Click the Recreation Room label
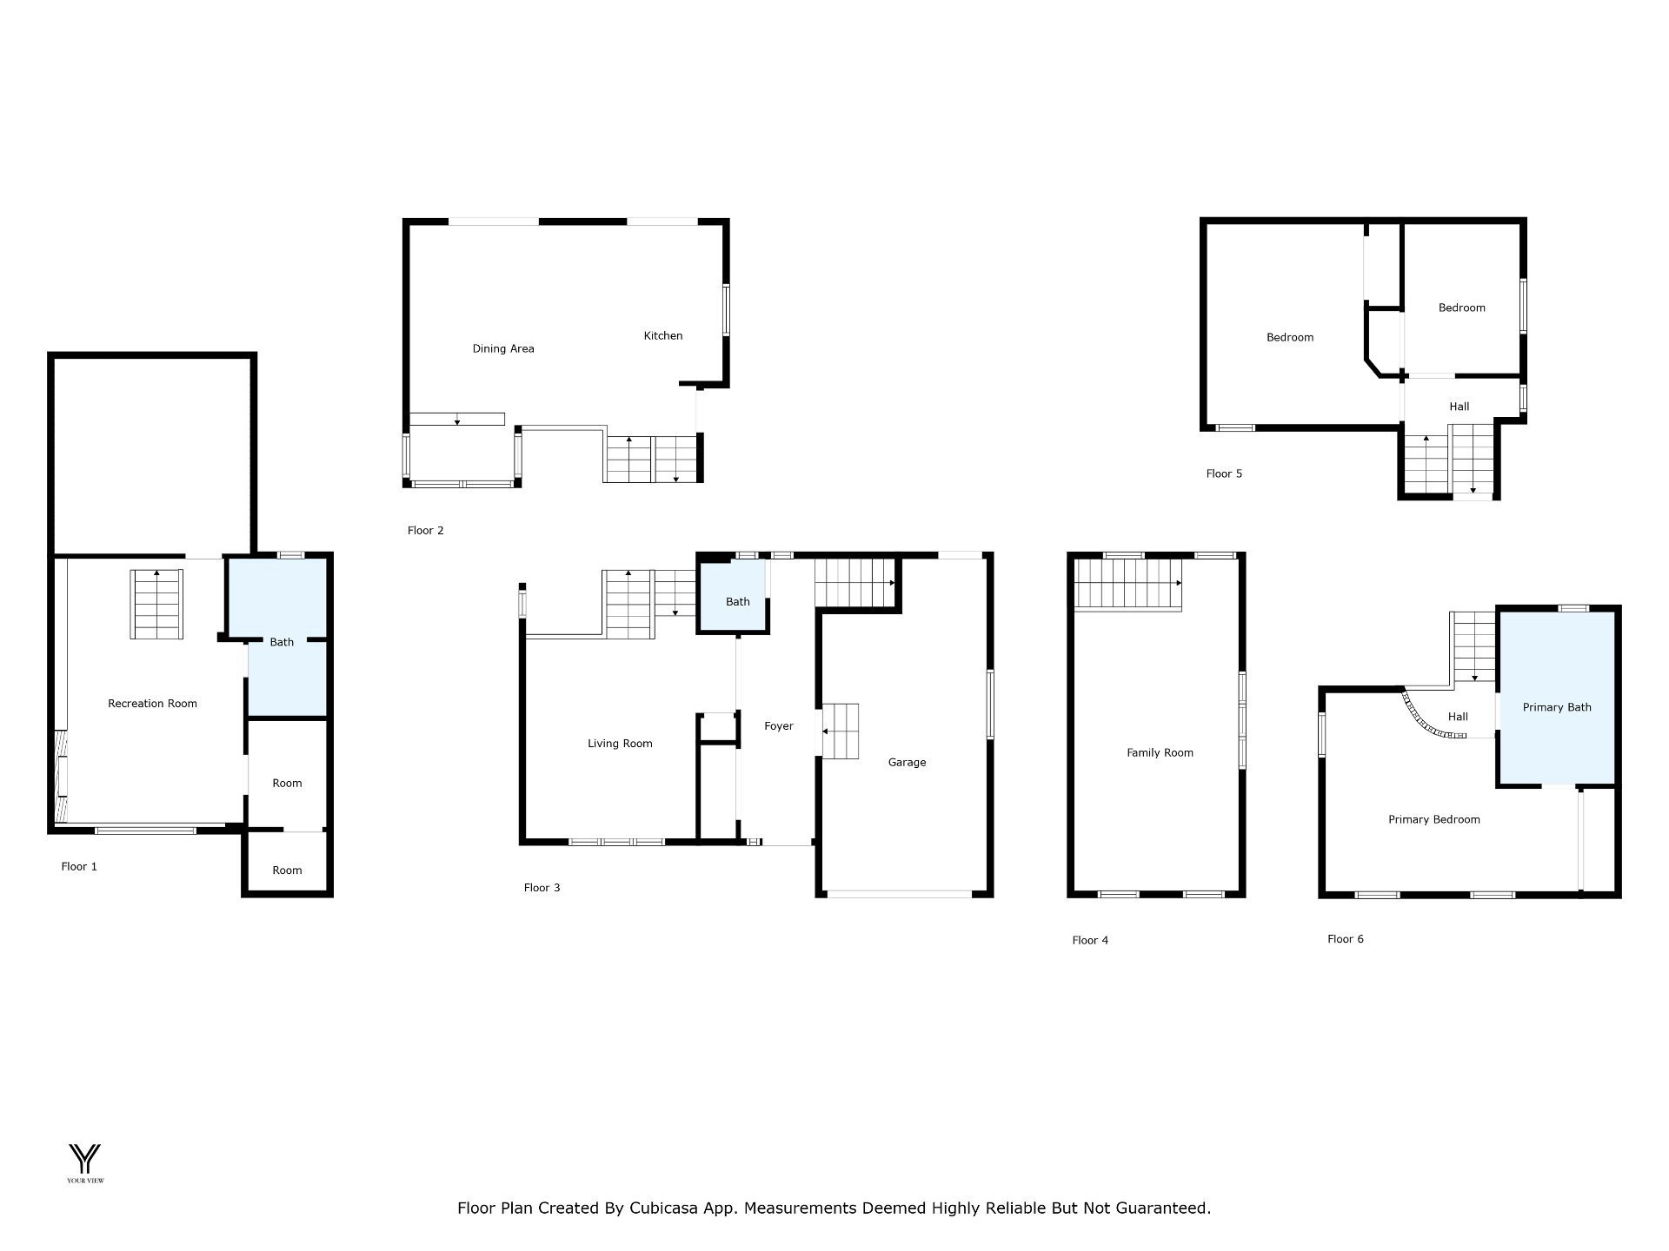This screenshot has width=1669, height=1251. [x=152, y=704]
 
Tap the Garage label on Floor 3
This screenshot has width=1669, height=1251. [x=907, y=763]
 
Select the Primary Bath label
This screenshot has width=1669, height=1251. [x=1557, y=707]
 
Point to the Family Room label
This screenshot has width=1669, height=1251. [x=1160, y=753]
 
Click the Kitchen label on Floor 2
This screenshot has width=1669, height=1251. [x=663, y=335]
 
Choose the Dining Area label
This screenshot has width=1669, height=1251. [x=503, y=349]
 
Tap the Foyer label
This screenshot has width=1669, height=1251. [x=779, y=726]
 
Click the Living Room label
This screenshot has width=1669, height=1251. [x=620, y=744]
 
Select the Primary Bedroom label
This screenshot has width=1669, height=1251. [x=1434, y=819]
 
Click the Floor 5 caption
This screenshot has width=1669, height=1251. [x=1224, y=473]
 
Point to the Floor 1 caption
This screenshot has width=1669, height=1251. [x=79, y=866]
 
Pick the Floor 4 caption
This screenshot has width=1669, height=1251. [x=1090, y=940]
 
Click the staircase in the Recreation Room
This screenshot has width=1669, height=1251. [x=157, y=604]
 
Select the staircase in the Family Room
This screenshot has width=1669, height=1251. [x=1127, y=585]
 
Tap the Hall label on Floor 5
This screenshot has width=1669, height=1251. [x=1460, y=407]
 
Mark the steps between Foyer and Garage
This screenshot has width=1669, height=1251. [x=840, y=731]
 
